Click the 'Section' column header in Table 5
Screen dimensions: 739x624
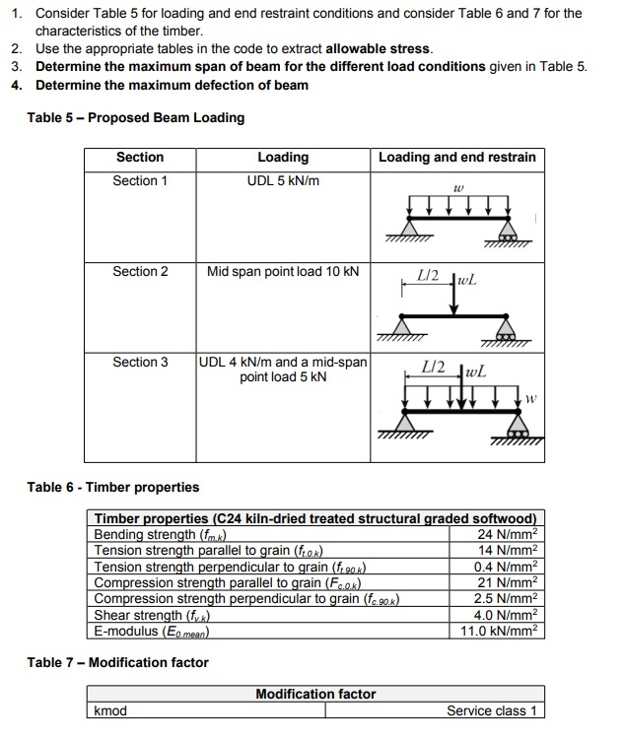coord(140,158)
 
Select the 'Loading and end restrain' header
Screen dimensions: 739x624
coord(457,158)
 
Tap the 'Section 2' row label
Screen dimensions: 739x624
coord(140,271)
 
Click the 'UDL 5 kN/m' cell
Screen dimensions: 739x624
coord(283,181)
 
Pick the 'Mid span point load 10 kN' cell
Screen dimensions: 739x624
coord(283,271)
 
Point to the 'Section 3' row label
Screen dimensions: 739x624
coord(140,362)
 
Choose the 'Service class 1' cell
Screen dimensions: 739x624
coord(492,711)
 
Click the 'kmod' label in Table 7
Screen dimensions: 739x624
coord(110,711)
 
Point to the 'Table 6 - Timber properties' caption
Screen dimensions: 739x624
coord(113,488)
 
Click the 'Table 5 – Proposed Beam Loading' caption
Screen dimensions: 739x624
coord(136,118)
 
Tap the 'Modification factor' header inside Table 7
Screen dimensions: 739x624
coord(315,694)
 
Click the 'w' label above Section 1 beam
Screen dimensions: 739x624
coord(457,185)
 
